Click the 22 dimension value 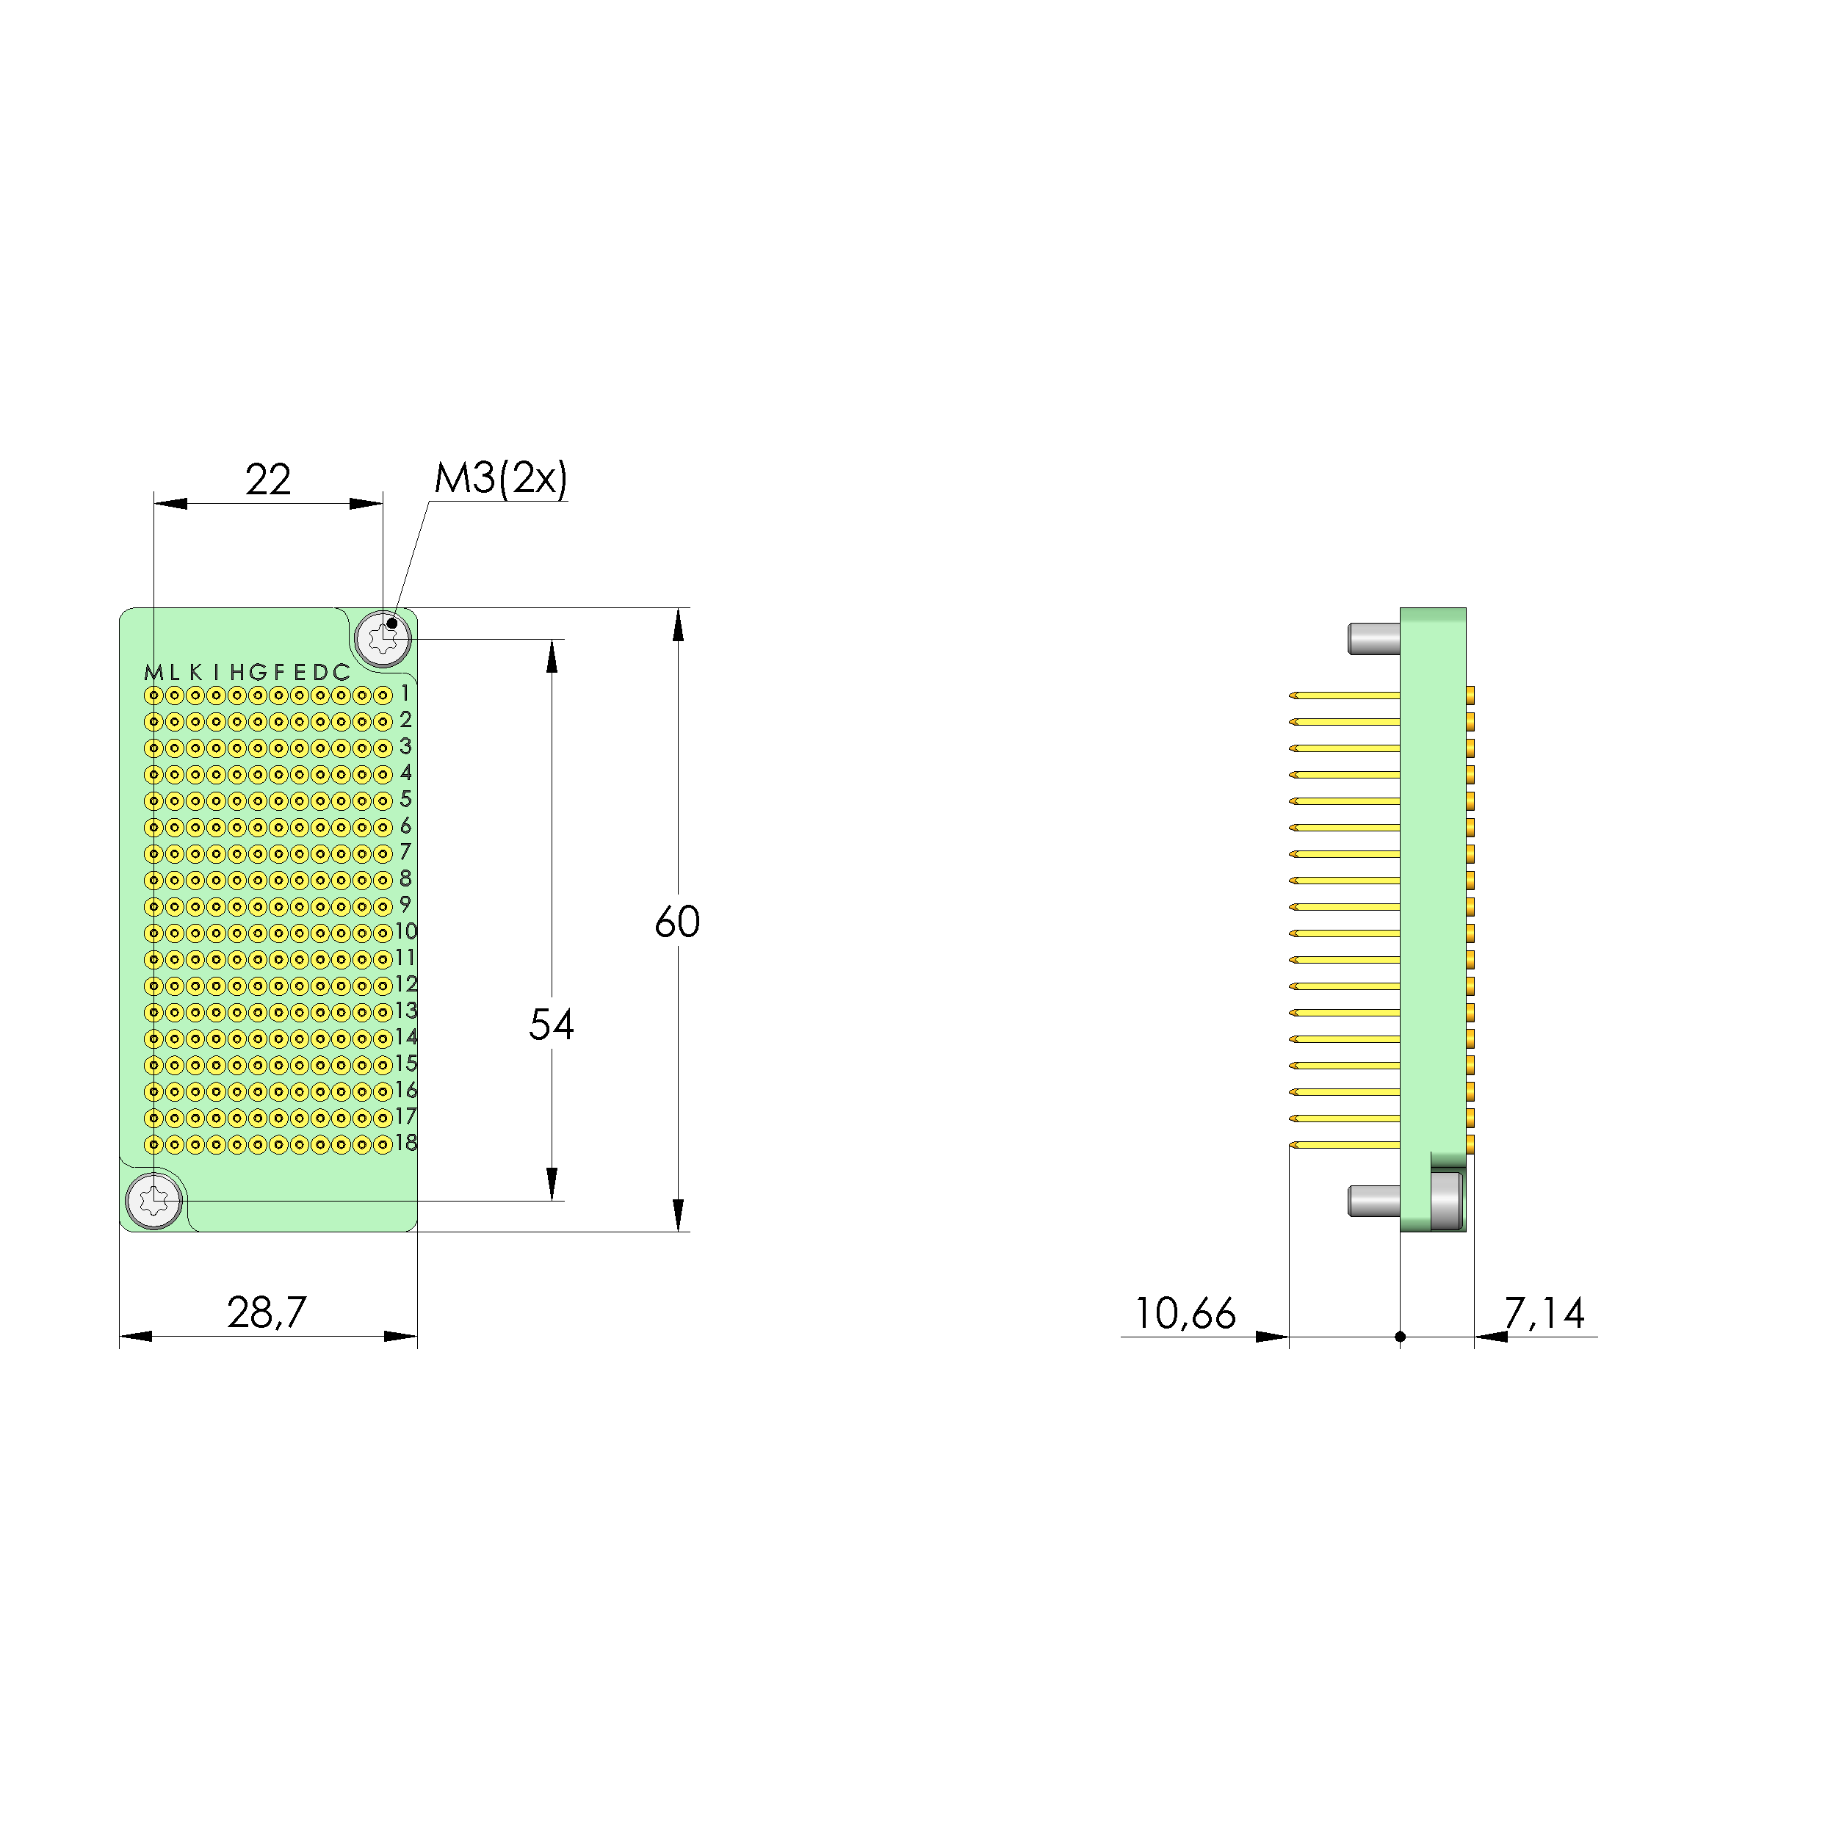pyautogui.click(x=267, y=480)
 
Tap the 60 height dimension pyautogui.click(x=677, y=922)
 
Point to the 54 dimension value pyautogui.click(x=551, y=1025)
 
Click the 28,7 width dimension pyautogui.click(x=267, y=1312)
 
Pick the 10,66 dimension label pyautogui.click(x=1184, y=1314)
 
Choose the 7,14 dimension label pyautogui.click(x=1544, y=1314)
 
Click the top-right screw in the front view pyautogui.click(x=383, y=637)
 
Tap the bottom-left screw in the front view pyautogui.click(x=154, y=1200)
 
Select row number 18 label pyautogui.click(x=406, y=1143)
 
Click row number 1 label pyautogui.click(x=405, y=694)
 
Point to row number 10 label pyautogui.click(x=406, y=932)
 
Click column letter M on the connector pyautogui.click(x=152, y=673)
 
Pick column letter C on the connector pyautogui.click(x=341, y=673)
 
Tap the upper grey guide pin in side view pyautogui.click(x=1373, y=637)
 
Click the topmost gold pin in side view pyautogui.click(x=1344, y=696)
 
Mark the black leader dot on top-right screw pyautogui.click(x=391, y=624)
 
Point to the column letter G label pyautogui.click(x=258, y=673)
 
